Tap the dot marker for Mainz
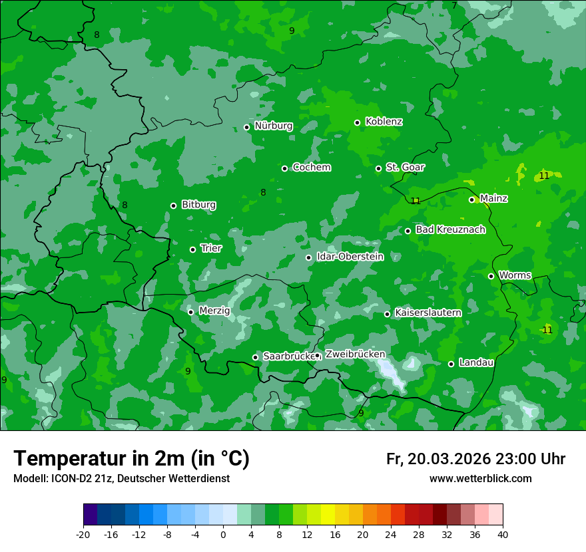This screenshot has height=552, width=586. tap(471, 200)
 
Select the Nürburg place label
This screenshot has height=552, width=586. tap(273, 126)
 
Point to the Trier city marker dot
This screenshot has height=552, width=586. tap(192, 249)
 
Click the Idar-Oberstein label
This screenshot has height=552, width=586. tap(350, 257)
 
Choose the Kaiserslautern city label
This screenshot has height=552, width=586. tap(428, 313)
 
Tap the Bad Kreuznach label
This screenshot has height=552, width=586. tap(450, 229)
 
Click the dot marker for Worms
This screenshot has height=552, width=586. tap(491, 276)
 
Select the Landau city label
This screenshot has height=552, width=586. tap(476, 362)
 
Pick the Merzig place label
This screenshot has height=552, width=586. tap(214, 311)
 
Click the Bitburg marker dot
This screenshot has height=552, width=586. tap(173, 206)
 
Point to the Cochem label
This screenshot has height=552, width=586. tap(311, 168)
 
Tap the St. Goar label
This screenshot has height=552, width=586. tap(405, 167)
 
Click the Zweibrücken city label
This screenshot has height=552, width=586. tap(355, 354)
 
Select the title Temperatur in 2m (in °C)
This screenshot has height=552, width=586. tap(131, 459)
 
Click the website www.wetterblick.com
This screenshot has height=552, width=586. tap(480, 479)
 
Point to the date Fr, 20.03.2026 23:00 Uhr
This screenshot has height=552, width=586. tap(475, 459)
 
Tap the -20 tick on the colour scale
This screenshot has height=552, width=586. tap(83, 535)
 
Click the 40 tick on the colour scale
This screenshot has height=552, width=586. tap(503, 535)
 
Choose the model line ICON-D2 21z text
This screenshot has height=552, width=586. tap(121, 479)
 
